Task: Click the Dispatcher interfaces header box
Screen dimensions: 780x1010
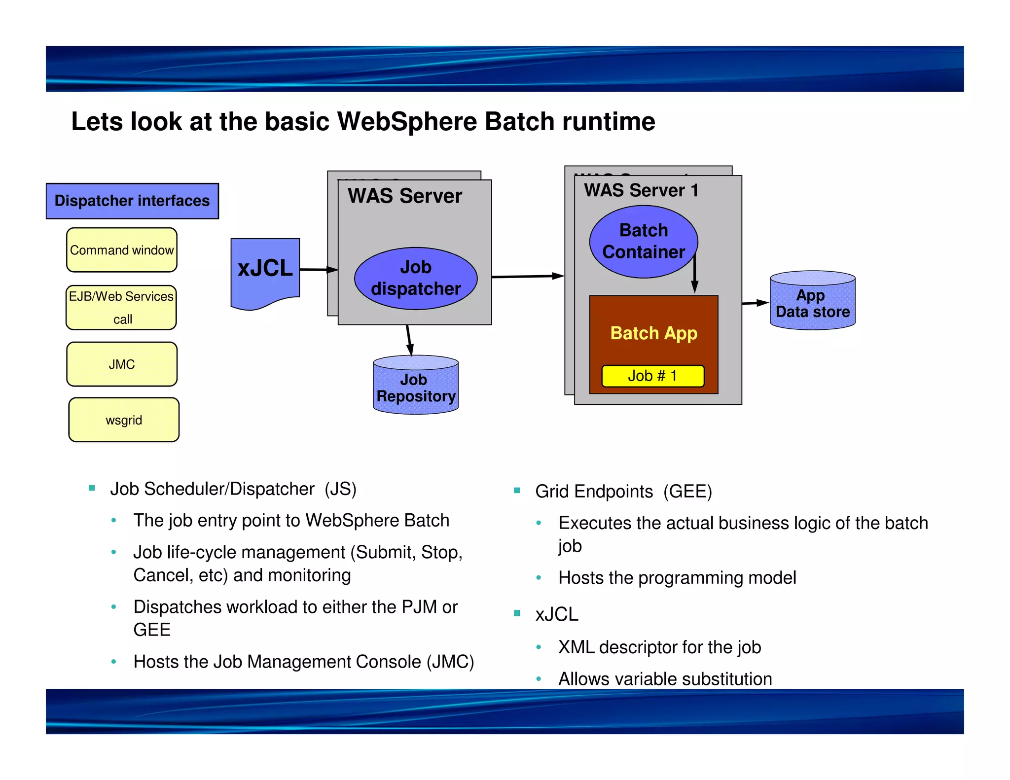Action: tap(132, 201)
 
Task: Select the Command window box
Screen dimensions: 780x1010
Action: tap(122, 250)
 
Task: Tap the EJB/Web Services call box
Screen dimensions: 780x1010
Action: tap(121, 308)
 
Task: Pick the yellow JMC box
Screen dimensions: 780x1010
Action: tap(122, 364)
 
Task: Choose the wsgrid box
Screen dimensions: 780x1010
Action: tap(124, 420)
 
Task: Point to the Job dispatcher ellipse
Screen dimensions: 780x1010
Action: tap(416, 279)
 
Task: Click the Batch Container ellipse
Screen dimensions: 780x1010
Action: tap(644, 242)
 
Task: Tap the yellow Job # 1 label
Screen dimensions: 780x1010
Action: tap(652, 376)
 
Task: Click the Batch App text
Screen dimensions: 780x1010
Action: tap(653, 333)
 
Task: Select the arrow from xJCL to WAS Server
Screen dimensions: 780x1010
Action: tap(318, 270)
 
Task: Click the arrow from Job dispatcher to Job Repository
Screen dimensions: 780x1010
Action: tap(409, 340)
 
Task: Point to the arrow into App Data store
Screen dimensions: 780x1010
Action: tap(755, 303)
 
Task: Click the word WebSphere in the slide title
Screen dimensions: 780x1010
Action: tap(407, 122)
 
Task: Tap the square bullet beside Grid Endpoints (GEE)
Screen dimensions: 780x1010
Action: tap(517, 491)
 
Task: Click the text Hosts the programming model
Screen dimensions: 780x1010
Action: tap(677, 578)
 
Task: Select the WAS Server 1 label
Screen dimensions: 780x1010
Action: tap(641, 190)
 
